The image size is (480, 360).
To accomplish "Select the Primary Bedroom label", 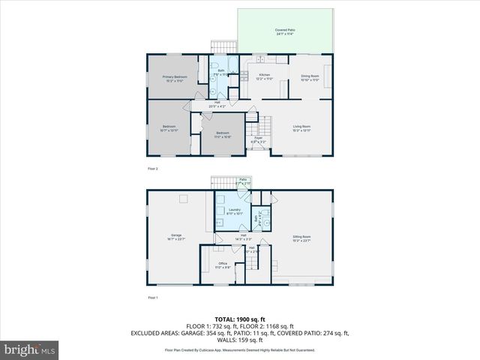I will [x=174, y=78].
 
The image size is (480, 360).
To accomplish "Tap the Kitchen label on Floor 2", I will [x=265, y=76].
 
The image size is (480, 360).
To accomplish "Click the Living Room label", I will [x=301, y=127].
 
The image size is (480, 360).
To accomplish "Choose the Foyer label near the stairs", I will [x=256, y=139].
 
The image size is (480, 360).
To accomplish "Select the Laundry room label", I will [x=234, y=211].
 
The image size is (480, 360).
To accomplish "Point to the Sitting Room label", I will [x=301, y=238].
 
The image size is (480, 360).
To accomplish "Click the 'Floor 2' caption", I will [x=153, y=169].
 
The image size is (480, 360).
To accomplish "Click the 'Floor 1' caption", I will [x=153, y=298].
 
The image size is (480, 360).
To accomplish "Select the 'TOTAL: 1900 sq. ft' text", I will [x=240, y=319].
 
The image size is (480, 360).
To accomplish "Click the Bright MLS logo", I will [x=30, y=349].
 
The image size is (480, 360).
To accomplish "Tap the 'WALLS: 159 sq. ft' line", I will [x=240, y=339].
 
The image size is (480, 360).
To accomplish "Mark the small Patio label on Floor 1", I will [x=243, y=181].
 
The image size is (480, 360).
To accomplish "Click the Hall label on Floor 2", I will [x=217, y=104].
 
